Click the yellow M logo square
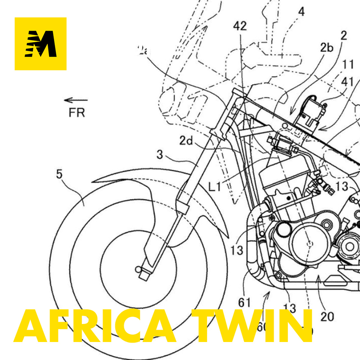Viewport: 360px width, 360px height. click(40, 44)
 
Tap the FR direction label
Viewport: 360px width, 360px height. click(76, 112)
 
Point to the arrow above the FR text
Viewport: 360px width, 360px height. click(76, 100)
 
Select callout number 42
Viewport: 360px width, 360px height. click(240, 27)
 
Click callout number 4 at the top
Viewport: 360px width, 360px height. click(301, 12)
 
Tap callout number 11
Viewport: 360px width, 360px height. click(348, 65)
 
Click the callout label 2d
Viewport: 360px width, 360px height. click(187, 141)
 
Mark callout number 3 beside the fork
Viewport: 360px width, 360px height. click(160, 156)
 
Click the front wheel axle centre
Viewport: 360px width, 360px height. click(139, 269)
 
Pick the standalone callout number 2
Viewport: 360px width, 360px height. click(344, 36)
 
